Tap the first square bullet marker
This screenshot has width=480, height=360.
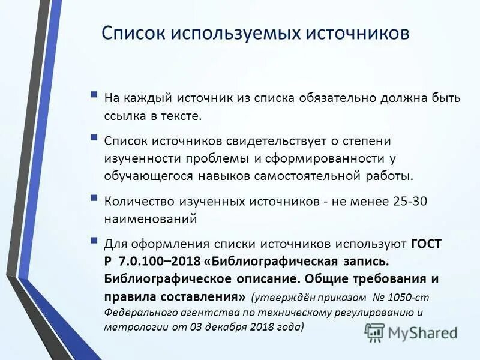click(x=94, y=95)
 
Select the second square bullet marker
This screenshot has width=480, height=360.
click(x=94, y=137)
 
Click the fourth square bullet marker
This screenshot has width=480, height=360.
click(x=94, y=241)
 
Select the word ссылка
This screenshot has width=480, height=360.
click(x=125, y=115)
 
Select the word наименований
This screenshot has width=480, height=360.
click(x=151, y=220)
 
